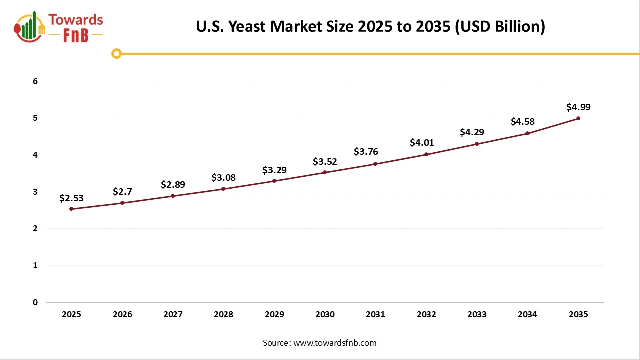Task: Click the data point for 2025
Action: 71,209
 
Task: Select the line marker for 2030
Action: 325,172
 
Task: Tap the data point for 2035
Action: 578,118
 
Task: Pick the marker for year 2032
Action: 426,154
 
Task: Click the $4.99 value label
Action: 578,107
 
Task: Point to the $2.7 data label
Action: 122,191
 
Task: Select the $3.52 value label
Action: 325,161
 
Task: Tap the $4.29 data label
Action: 477,133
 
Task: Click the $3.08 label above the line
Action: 223,177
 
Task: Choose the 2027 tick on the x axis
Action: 173,314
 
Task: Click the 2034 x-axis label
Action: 527,314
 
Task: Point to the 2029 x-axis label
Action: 274,314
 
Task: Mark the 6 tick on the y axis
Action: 35,81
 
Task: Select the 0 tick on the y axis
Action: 35,302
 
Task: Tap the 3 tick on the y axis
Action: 35,192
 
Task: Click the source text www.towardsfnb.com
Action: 335,343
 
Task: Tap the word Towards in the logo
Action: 76,20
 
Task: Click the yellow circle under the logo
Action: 116,53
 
